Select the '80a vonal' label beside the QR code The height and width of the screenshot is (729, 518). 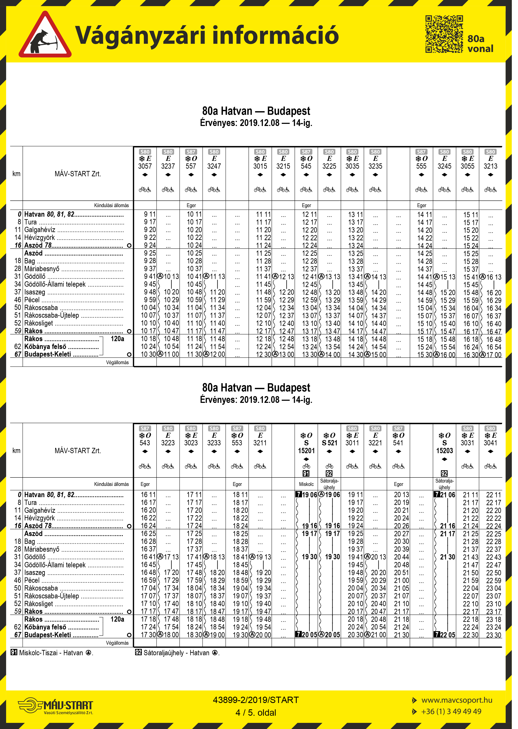(x=480, y=44)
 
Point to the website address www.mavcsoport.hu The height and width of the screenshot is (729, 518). (x=457, y=700)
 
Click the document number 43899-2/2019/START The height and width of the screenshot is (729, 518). (x=256, y=700)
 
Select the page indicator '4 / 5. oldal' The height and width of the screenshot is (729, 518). (x=256, y=713)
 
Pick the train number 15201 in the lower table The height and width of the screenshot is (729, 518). (x=306, y=450)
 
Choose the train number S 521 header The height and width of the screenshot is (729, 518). (x=329, y=443)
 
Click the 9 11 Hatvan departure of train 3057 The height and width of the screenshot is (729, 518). (x=149, y=214)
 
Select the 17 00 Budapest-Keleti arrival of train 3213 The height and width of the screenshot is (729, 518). (x=493, y=354)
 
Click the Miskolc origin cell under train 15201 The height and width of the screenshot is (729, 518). (x=306, y=484)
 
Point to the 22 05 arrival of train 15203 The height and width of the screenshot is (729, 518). (x=447, y=635)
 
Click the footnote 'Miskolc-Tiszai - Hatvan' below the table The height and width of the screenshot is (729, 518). (x=51, y=653)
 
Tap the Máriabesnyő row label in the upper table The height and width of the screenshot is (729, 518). (x=42, y=269)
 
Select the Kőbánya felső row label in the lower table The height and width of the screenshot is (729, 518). (x=45, y=627)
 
